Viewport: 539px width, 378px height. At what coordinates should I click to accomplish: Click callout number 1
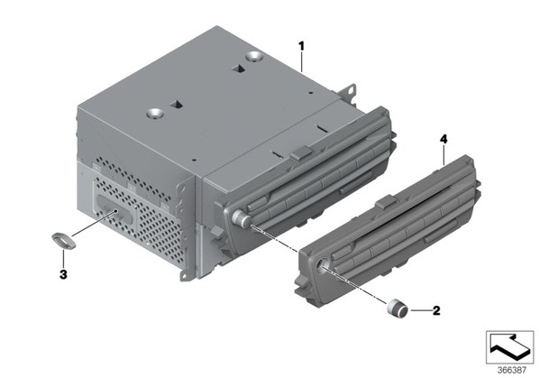tap(301, 46)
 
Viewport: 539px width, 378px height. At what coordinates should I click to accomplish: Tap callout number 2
tap(436, 310)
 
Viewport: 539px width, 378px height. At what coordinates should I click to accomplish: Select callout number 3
tap(63, 274)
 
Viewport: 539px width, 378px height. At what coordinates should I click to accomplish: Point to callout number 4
tap(443, 139)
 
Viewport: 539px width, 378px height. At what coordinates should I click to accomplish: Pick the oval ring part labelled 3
tap(63, 241)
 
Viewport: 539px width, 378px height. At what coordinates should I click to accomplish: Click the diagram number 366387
tap(512, 370)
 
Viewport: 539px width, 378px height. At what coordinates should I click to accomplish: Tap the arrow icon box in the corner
tap(509, 347)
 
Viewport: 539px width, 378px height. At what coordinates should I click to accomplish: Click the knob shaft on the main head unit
tap(242, 218)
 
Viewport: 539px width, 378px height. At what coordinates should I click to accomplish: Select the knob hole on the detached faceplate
tap(324, 264)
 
